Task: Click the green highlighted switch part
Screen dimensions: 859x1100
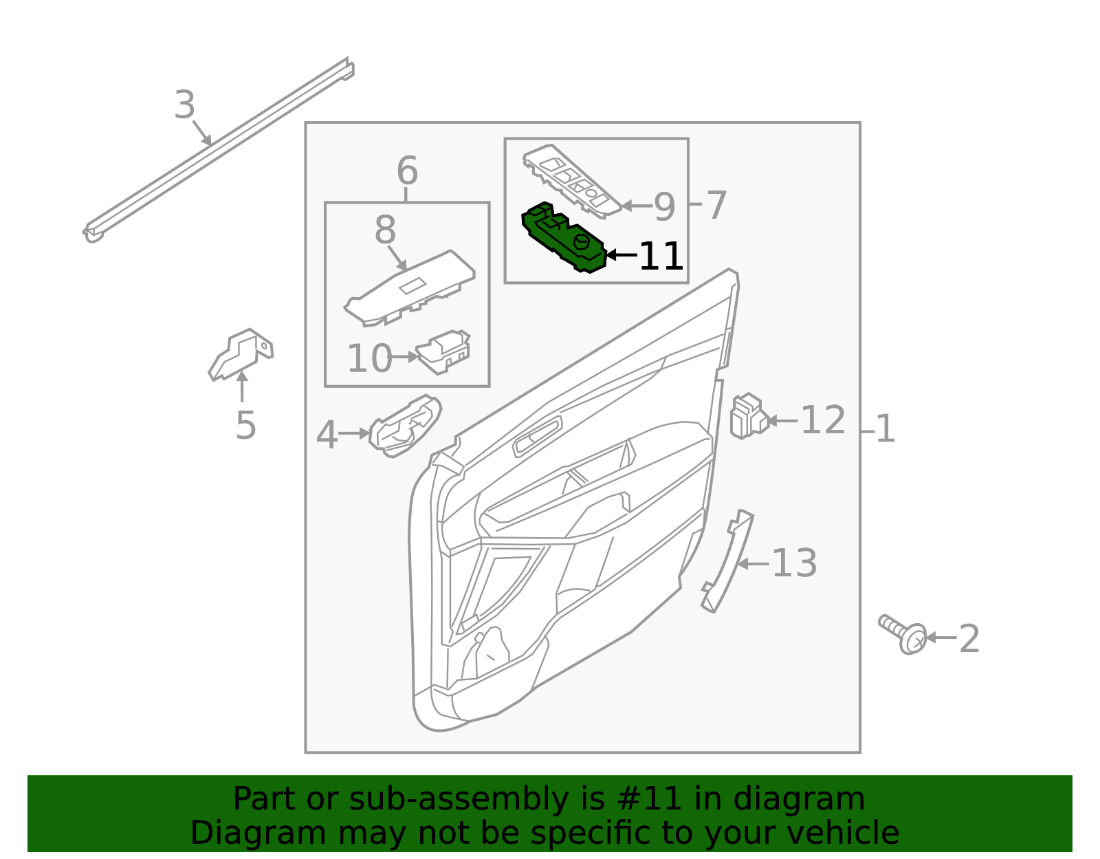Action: [564, 238]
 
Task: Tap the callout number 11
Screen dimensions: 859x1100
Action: [661, 257]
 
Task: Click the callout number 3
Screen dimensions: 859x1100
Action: [184, 106]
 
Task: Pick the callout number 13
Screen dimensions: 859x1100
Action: [794, 564]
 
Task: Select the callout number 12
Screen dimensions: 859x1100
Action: [823, 420]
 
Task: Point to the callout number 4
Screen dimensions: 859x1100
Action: [327, 435]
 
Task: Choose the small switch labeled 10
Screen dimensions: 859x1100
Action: [443, 351]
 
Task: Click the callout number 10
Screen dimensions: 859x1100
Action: [369, 358]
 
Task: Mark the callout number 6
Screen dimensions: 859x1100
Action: [407, 171]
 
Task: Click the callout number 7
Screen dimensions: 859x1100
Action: [716, 205]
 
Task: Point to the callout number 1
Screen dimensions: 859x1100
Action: [885, 429]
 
